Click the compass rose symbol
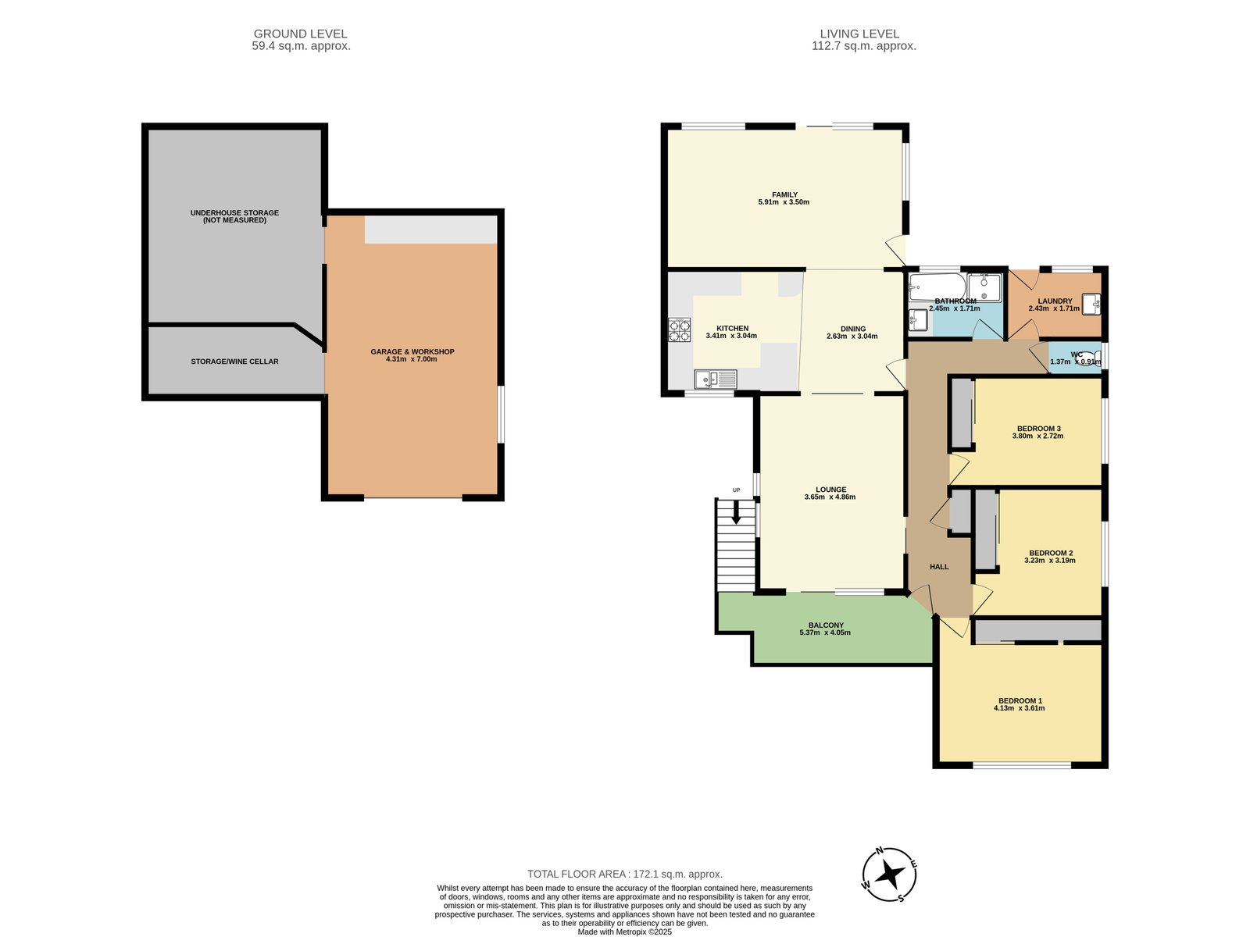888,875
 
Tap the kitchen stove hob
679,330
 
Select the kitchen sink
716,379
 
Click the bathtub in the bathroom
937,287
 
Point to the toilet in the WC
1087,358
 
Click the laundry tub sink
1091,304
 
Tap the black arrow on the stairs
736,511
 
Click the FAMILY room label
784,194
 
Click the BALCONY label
826,625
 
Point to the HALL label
939,567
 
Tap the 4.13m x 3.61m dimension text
1019,708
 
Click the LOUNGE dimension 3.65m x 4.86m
830,497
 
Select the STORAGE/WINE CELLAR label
234,362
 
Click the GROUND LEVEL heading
300,34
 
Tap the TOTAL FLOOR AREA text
625,874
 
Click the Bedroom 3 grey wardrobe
962,414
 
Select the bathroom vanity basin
917,319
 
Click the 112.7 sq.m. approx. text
863,46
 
